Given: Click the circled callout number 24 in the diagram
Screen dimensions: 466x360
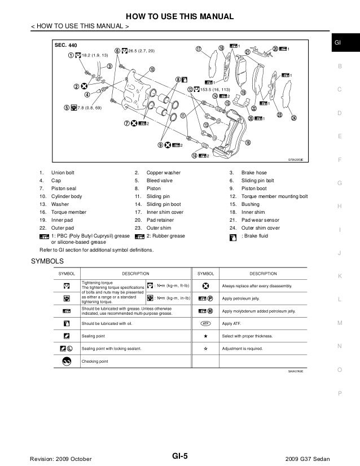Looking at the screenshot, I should (293, 118).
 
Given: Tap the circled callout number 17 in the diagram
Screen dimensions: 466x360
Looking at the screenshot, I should (199, 50).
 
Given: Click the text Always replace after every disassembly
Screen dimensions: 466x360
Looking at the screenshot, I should (258, 287).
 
